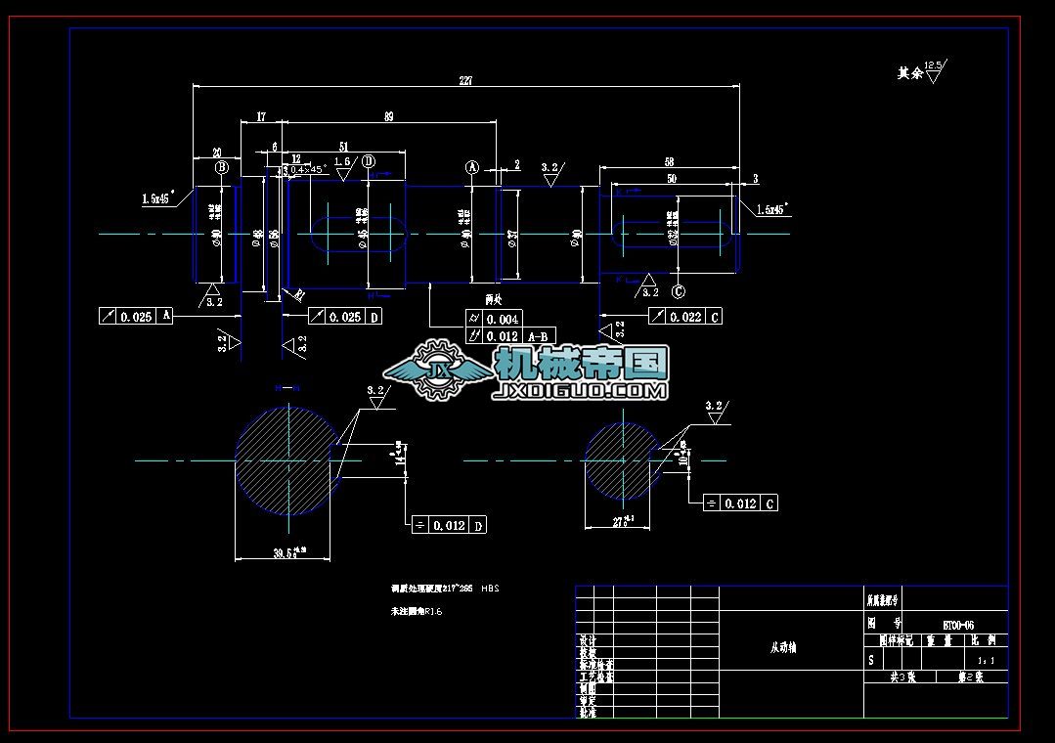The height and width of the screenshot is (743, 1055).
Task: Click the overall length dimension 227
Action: [465, 81]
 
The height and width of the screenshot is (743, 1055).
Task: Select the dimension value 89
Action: [388, 117]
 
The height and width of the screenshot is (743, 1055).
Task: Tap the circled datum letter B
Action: [222, 167]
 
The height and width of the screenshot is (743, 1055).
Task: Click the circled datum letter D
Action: [368, 161]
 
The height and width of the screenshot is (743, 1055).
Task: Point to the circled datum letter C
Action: [679, 290]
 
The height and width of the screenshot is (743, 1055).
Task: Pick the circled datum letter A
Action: [473, 167]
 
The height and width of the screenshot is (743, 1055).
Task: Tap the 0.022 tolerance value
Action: [686, 316]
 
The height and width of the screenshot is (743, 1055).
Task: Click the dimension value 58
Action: [669, 161]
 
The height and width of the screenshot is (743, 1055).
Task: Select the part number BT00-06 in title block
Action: [958, 624]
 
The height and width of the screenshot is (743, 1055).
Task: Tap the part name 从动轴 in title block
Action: [783, 647]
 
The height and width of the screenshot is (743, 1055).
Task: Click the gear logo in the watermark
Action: [432, 370]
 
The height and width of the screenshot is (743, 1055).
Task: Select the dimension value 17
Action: [261, 117]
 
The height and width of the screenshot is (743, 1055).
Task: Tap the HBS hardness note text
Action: [491, 590]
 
